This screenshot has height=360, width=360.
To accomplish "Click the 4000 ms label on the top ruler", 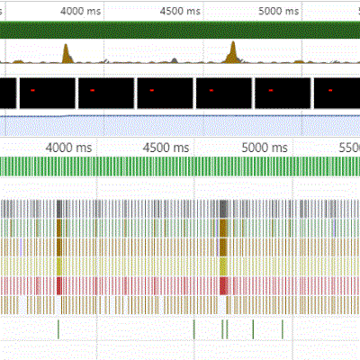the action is point(80,12).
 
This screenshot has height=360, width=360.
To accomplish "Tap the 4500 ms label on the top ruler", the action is point(180,12).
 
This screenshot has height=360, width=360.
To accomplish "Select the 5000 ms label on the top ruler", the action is point(279,12).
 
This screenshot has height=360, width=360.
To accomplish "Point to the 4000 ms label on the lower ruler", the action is point(68,148).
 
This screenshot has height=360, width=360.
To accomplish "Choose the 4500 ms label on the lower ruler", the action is point(166,148).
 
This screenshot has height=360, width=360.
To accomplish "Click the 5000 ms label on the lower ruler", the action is point(265,148).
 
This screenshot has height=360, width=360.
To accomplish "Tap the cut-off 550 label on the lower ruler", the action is point(349,148).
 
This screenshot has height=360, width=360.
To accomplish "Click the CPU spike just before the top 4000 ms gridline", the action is point(67,54).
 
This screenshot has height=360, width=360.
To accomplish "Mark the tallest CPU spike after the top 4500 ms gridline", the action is point(233,53).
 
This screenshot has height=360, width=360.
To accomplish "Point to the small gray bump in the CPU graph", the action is point(175,60).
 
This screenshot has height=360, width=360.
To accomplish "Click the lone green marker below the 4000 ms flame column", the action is point(58,329).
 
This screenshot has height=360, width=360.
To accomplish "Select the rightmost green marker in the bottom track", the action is point(283,329).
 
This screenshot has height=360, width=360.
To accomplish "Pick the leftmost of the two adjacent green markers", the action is point(222,329).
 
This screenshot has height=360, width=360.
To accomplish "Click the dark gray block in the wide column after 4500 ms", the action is point(223,209).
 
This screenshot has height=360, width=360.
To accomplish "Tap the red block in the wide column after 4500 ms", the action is point(223,286).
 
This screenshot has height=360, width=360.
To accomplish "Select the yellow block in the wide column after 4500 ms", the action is point(223,266).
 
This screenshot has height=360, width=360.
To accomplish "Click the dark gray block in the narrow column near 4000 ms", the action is point(59,209).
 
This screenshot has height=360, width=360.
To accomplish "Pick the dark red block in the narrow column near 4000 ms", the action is point(59,286).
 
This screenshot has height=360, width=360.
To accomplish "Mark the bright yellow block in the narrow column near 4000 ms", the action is point(59,266).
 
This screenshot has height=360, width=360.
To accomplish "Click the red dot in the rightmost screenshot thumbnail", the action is point(330,90).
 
